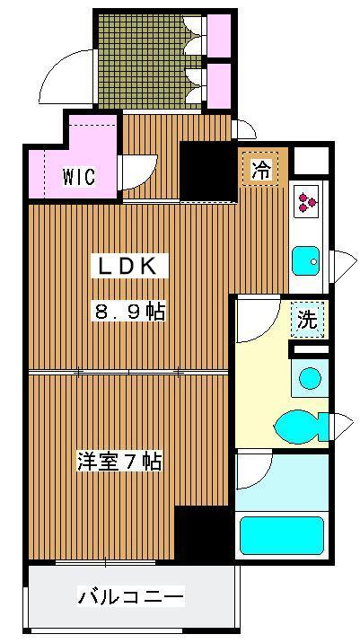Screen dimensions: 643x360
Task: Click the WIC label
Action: pyautogui.click(x=79, y=176)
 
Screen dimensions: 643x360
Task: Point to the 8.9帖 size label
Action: pyautogui.click(x=129, y=313)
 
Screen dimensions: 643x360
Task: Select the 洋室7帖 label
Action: pyautogui.click(x=119, y=462)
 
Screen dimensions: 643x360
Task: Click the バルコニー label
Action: pyautogui.click(x=130, y=596)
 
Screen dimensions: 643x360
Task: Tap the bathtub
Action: pyautogui.click(x=280, y=536)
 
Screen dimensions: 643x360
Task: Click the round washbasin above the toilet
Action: pyautogui.click(x=309, y=377)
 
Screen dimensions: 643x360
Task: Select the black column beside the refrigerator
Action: pyautogui.click(x=207, y=171)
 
